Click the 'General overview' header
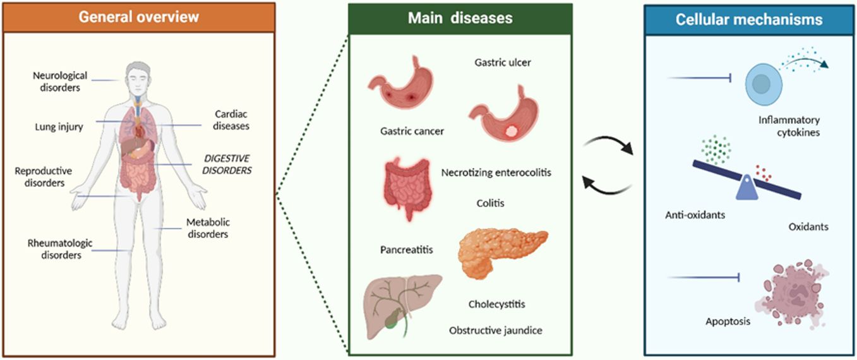point(138,17)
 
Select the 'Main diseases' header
point(460,18)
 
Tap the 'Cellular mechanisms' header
point(749,19)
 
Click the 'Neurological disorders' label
point(57,81)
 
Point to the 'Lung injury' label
point(59,126)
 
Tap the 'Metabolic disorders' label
point(208,228)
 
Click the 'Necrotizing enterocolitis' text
point(496,172)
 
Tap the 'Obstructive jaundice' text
point(496,330)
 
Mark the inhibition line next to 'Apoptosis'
point(702,277)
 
